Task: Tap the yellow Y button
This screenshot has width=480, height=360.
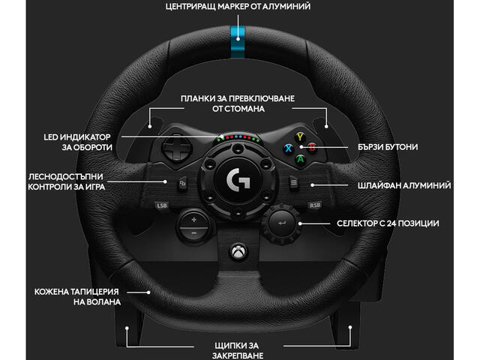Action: [x=300, y=138]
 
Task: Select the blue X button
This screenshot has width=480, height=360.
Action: [x=287, y=148]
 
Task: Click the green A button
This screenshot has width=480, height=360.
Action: [x=300, y=157]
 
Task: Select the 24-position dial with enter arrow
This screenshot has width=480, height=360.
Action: [x=283, y=223]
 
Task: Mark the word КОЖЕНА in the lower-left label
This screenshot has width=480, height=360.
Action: [x=54, y=290]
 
